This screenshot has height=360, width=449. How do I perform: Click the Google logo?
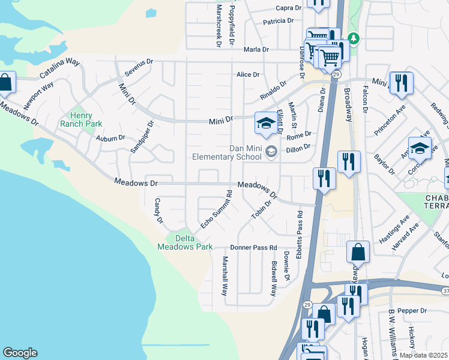point(20,353)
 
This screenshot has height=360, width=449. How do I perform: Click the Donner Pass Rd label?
point(253,247)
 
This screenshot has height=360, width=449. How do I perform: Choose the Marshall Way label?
point(224,277)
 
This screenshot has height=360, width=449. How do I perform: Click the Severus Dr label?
point(139,68)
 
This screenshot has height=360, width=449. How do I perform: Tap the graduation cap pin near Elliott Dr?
point(265,124)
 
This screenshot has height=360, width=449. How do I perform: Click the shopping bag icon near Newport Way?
point(5,83)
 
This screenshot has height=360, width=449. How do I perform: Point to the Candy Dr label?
point(159,211)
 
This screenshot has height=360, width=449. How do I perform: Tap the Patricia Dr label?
point(278,21)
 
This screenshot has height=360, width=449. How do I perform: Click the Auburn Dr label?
point(110,137)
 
